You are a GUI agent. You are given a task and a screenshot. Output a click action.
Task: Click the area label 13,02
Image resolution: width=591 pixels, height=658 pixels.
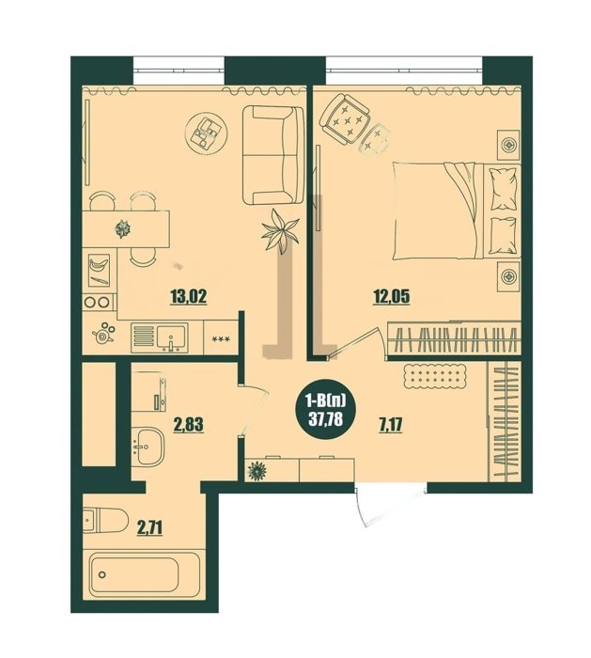click(189, 297)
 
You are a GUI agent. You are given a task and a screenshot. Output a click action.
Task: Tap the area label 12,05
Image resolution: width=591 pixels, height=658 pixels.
click(392, 297)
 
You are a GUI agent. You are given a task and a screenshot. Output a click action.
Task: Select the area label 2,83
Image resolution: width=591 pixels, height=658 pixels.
click(188, 424)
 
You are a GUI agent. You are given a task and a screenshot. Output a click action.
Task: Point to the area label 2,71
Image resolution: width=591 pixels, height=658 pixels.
click(149, 528)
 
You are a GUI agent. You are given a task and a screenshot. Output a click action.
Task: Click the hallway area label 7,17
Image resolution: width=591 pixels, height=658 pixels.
click(391, 425)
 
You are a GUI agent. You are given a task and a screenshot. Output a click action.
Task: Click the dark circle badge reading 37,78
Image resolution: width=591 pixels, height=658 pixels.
click(325, 414)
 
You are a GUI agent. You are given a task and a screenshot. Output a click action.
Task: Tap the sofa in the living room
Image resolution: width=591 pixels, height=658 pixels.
click(273, 155)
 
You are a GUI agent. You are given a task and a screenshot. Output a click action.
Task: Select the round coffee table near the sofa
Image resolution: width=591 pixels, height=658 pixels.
click(207, 133)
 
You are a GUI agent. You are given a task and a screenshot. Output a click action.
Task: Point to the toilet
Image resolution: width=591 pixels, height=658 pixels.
click(105, 521)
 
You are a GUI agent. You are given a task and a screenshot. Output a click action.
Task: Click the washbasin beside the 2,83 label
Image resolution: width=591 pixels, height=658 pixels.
click(148, 446)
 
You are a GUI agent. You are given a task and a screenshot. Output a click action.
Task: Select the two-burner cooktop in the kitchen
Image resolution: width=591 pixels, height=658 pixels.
click(98, 302)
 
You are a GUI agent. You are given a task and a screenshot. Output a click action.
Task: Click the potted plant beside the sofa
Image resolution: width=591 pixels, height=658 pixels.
click(280, 231)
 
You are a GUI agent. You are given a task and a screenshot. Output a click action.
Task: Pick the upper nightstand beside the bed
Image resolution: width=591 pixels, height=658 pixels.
click(509, 145)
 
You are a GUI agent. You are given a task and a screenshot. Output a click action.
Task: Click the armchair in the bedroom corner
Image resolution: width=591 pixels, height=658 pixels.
click(345, 119)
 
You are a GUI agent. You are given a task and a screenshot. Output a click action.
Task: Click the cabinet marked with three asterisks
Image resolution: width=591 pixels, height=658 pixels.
click(221, 337)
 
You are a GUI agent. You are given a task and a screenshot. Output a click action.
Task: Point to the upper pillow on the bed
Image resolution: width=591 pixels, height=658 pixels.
click(503, 188)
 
